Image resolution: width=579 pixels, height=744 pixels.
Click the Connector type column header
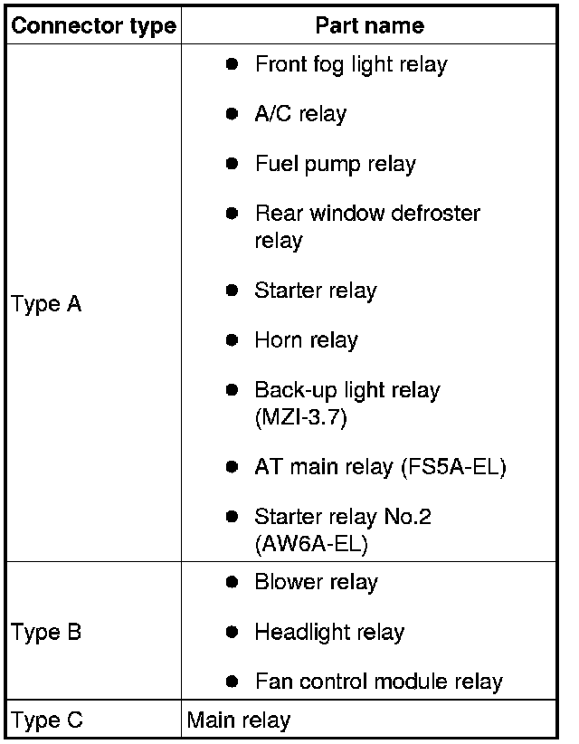93,26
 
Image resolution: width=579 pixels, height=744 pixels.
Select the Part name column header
369,25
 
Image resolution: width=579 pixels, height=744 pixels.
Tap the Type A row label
46,304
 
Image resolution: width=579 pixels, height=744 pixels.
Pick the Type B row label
46,632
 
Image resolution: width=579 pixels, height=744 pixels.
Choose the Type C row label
46,720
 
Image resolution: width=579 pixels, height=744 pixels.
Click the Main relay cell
239,720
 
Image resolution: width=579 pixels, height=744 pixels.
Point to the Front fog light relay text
351,65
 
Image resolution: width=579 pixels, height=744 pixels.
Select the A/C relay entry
300,114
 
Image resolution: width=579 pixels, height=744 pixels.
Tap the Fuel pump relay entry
336,165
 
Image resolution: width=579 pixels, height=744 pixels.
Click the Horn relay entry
307,340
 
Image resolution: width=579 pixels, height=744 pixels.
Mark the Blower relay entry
317,583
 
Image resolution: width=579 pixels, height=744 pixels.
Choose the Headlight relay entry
329,633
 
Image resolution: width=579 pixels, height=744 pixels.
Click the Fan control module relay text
379,682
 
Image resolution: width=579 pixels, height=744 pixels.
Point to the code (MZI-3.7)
301,417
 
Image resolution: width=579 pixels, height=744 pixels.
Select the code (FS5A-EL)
454,467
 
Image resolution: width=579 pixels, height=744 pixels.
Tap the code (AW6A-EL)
311,544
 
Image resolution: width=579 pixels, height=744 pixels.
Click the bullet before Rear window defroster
232,214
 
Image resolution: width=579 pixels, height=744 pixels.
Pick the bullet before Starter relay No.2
232,516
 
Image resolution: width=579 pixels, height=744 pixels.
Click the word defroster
436,214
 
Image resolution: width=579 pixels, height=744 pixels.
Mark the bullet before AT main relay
232,467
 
